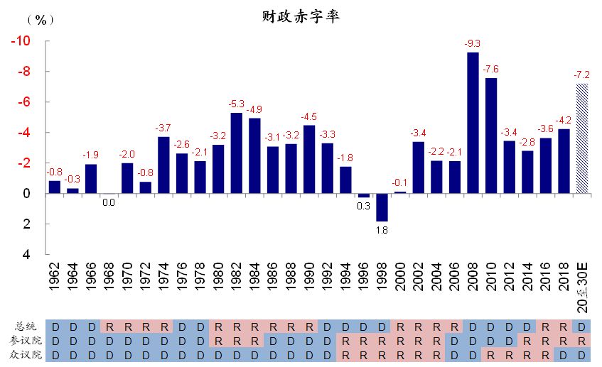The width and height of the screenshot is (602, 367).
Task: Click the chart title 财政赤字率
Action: click(x=300, y=16)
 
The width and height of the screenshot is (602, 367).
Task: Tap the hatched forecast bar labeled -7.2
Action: click(x=582, y=138)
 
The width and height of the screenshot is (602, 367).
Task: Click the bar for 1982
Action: click(x=236, y=153)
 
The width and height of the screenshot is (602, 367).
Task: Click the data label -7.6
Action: click(x=490, y=69)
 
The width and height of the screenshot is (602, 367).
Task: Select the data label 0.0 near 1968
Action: click(x=109, y=202)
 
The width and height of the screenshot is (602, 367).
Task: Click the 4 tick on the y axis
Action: click(x=26, y=254)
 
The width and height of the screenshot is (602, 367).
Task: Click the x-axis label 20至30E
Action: click(x=582, y=284)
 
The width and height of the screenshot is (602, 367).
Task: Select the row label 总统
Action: click(x=28, y=327)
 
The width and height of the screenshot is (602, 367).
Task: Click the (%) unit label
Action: click(x=40, y=20)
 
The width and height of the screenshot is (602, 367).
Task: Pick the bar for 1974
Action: click(x=163, y=165)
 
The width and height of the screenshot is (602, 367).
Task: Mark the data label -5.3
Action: click(x=236, y=104)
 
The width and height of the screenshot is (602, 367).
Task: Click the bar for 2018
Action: click(x=564, y=161)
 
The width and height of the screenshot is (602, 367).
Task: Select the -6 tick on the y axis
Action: click(x=23, y=102)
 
